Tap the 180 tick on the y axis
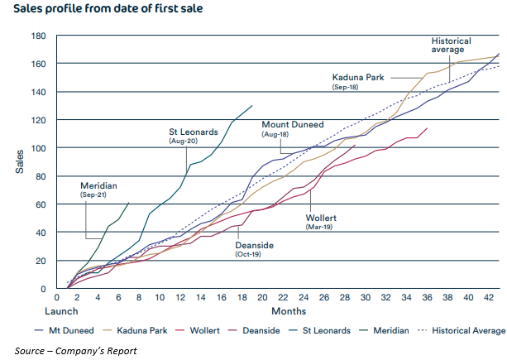coord(39,36)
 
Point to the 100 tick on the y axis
coord(39,148)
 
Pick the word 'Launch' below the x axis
coord(62,311)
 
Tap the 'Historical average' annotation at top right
coord(452,46)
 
